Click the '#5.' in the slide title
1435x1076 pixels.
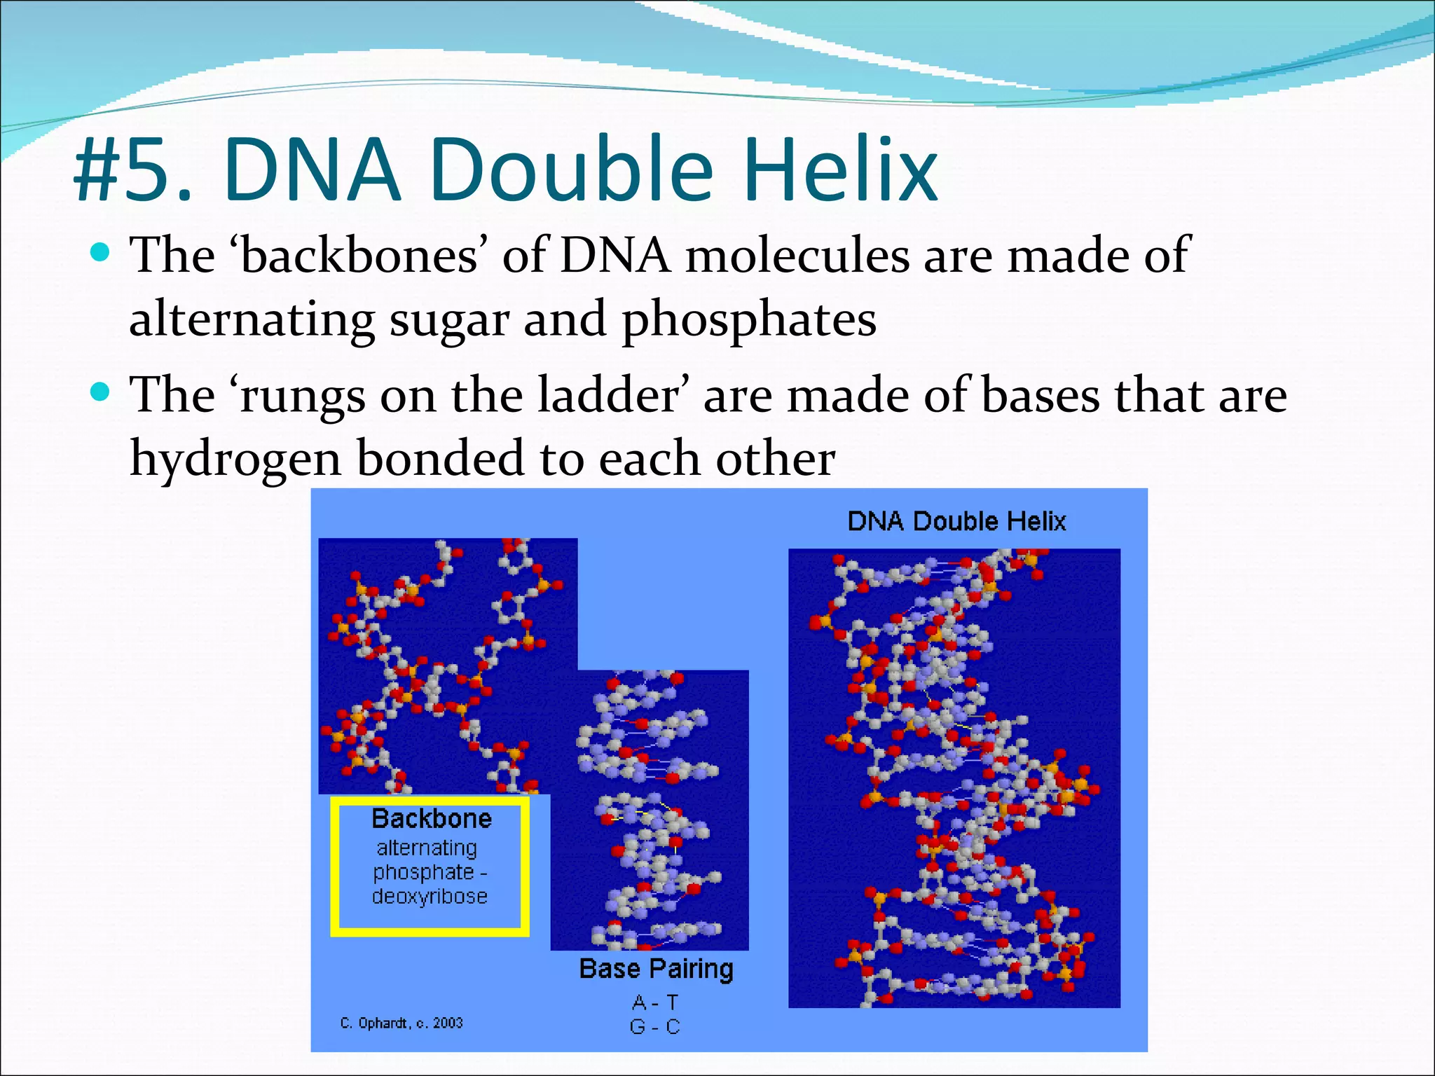133,170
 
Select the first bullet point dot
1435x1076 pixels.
101,252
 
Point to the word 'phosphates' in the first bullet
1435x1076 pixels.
749,320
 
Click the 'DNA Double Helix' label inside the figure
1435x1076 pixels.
956,521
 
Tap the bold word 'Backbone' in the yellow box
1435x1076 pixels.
432,818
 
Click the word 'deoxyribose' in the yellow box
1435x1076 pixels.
430,896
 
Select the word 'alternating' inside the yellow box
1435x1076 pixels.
427,848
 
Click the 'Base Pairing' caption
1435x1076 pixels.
656,969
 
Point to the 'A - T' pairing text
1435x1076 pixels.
654,1002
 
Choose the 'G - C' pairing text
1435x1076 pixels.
654,1027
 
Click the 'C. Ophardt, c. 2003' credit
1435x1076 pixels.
401,1023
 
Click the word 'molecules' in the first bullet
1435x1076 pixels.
797,255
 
